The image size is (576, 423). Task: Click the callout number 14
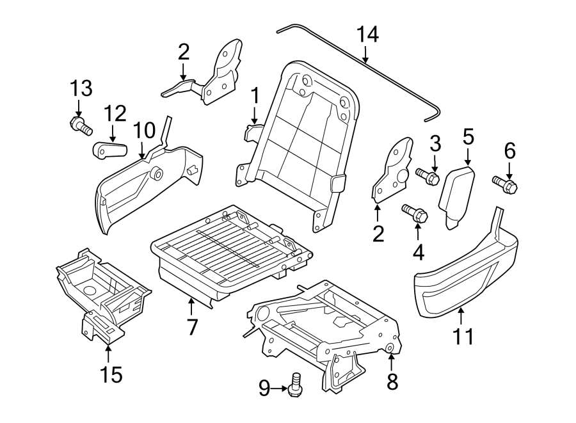point(367,35)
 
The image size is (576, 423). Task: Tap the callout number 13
point(81,88)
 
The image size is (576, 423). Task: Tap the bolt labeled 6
point(506,184)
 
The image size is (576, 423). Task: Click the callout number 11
point(463,335)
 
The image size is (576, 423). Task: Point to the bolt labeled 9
point(296,387)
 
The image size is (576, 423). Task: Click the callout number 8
point(392,381)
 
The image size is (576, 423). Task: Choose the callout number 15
point(111,374)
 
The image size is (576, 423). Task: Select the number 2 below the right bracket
point(378,234)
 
